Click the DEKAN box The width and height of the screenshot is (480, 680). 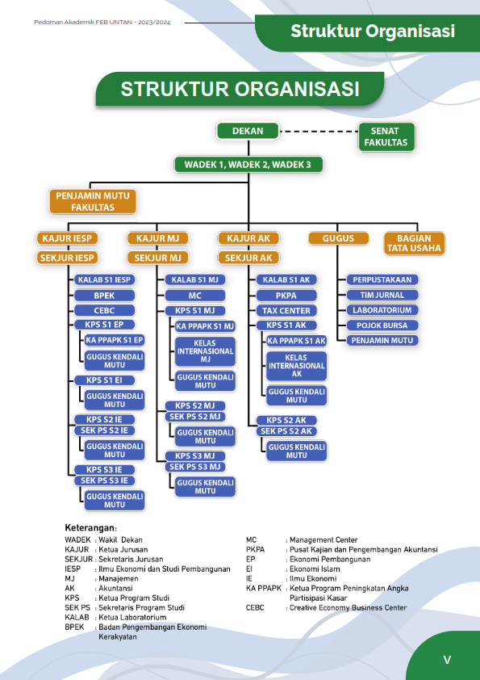pos(248,131)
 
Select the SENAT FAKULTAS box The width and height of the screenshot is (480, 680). pos(386,137)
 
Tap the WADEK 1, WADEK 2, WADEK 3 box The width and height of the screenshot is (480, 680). pos(248,165)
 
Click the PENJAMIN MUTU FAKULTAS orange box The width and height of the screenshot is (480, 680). pos(93,201)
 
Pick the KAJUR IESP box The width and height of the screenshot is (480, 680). pos(67,238)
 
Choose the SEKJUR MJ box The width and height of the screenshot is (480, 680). pos(157,258)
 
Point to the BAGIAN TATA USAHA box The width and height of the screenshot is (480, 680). pos(414,243)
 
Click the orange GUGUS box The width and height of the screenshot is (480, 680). pos(338,238)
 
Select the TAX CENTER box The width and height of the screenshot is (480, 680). pos(286,310)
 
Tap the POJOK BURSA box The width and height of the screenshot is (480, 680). pos(382,325)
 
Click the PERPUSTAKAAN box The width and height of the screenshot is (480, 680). pos(382,279)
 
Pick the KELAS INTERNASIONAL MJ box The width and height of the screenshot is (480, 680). pos(206,351)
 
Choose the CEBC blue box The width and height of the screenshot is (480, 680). pos(104,310)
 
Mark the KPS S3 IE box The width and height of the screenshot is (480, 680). pos(104,470)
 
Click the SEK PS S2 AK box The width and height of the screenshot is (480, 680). pos(286,431)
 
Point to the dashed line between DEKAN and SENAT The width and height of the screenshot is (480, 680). pos(319,131)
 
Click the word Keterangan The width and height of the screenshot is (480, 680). pos(90,528)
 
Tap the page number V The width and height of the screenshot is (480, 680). pos(447,660)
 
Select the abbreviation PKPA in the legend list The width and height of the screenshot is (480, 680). pos(255,549)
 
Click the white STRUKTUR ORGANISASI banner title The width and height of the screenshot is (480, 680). pos(240,89)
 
